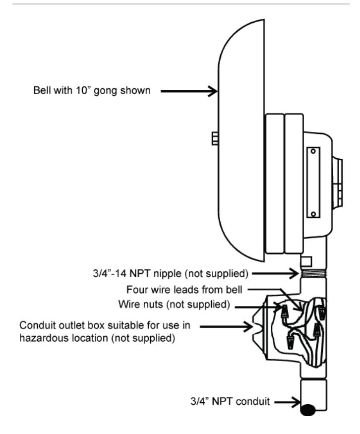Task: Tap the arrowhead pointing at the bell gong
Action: pyautogui.click(x=213, y=91)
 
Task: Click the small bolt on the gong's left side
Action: pyautogui.click(x=215, y=138)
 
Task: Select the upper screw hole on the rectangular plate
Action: pyautogui.click(x=313, y=151)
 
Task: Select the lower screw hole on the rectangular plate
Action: pyautogui.click(x=313, y=214)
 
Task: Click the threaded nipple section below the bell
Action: pyautogui.click(x=313, y=273)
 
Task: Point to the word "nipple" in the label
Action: pyautogui.click(x=167, y=274)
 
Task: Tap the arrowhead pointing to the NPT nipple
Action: pyautogui.click(x=294, y=273)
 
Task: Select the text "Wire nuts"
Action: pyautogui.click(x=140, y=304)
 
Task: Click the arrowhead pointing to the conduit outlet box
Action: pyautogui.click(x=247, y=326)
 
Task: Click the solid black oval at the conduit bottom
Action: pyautogui.click(x=308, y=410)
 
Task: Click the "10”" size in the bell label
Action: pyautogui.click(x=82, y=90)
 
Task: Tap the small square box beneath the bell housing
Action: pyautogui.click(x=306, y=261)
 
